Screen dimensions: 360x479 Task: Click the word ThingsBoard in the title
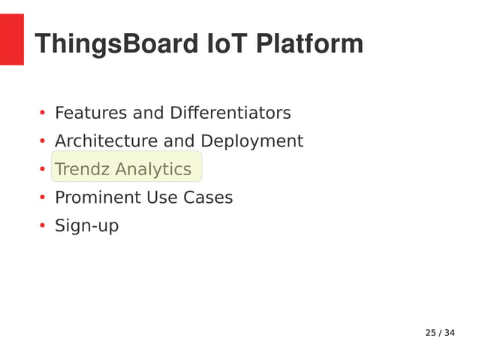point(116,44)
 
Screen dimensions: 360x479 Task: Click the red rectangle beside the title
point(12,39)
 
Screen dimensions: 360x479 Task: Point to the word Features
point(90,113)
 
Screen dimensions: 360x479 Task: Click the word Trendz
point(82,170)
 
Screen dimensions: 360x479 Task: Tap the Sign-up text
point(86,226)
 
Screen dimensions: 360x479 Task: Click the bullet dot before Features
point(43,114)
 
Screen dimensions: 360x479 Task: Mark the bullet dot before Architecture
point(43,142)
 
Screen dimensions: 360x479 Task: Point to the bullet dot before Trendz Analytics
point(43,171)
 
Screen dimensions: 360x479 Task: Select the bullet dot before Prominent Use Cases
point(43,199)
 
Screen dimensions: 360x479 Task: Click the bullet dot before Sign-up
point(43,227)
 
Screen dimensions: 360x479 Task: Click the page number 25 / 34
point(440,333)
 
